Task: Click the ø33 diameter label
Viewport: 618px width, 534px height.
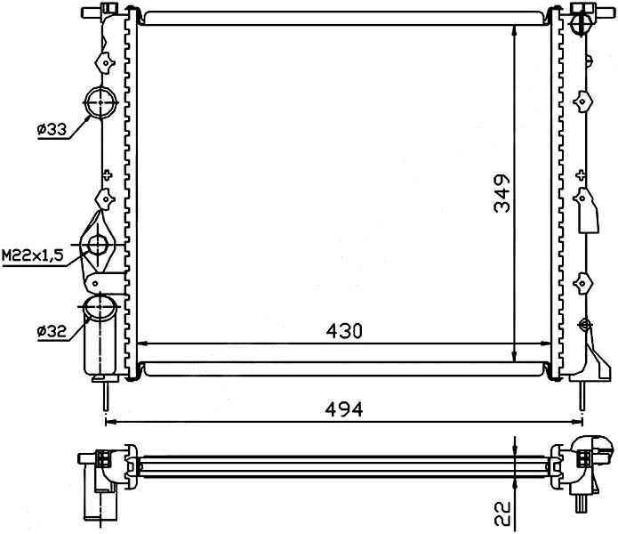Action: point(52,129)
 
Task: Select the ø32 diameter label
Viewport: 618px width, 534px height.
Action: point(52,331)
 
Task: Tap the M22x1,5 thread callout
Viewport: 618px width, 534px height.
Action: point(33,255)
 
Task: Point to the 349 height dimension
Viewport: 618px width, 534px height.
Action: point(502,194)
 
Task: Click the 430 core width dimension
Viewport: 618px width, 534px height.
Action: point(344,331)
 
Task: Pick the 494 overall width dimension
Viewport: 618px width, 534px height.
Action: point(344,409)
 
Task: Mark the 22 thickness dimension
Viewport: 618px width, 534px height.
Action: point(502,514)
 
